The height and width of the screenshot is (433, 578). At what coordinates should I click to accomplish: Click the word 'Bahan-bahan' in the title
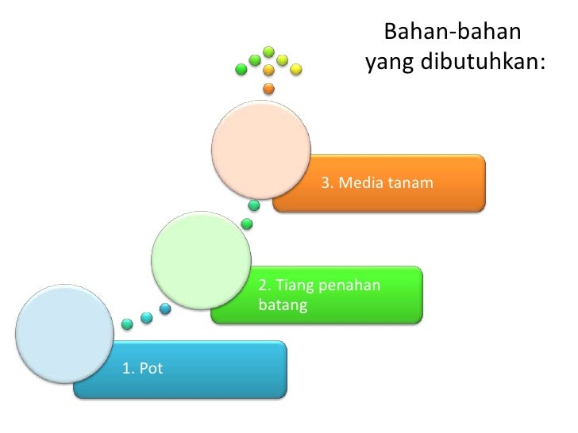click(x=452, y=33)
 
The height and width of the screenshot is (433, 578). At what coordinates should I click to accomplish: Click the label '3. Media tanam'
click(x=377, y=183)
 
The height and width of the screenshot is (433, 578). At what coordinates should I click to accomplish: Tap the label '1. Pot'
click(x=142, y=367)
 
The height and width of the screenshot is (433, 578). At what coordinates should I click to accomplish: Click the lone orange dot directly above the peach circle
click(x=268, y=88)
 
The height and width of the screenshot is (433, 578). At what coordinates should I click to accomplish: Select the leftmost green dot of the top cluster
click(x=241, y=69)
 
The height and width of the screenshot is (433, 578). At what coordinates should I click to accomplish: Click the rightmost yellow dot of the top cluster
click(x=295, y=69)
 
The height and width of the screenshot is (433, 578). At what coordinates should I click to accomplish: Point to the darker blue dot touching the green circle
click(x=165, y=308)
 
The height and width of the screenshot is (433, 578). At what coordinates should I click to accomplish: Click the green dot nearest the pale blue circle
click(x=127, y=324)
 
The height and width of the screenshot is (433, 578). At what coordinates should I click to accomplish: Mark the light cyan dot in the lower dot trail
click(x=146, y=318)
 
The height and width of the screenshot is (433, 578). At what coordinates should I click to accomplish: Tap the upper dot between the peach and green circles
click(x=253, y=205)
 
